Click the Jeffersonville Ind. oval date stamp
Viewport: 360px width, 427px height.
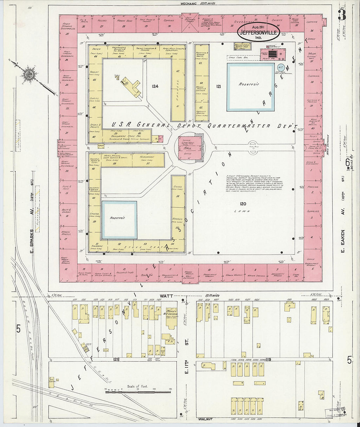259,31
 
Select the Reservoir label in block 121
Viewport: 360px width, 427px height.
249,84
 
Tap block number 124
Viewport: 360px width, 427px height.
155,86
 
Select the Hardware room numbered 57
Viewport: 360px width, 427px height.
148,161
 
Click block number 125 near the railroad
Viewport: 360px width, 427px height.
115,359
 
